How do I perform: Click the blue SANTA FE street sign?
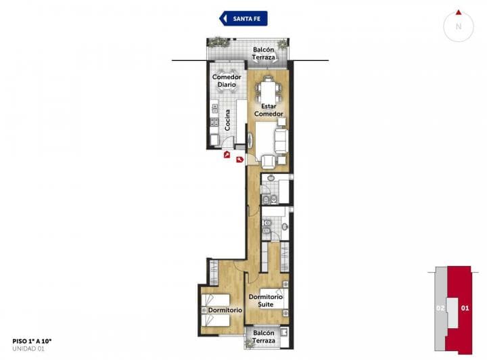click(244, 18)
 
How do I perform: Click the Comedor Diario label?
click(227, 81)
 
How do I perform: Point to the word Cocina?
click(228, 120)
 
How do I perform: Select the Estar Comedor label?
click(268, 110)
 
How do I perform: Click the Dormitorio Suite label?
click(265, 300)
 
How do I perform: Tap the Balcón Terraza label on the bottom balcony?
click(264, 337)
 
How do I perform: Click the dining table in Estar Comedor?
click(269, 89)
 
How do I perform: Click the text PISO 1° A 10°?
click(32, 342)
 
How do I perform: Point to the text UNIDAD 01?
click(28, 349)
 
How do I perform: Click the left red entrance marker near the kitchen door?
click(225, 154)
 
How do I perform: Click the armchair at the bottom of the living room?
click(269, 160)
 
